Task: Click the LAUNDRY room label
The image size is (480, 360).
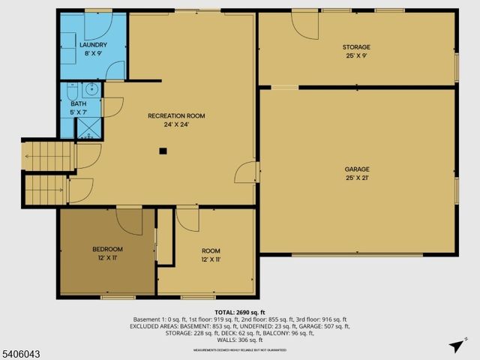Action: pyautogui.click(x=94, y=45)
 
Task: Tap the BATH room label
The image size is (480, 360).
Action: pyautogui.click(x=79, y=103)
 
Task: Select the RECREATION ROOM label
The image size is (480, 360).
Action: pyautogui.click(x=176, y=115)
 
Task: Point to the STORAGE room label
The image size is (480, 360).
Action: pyautogui.click(x=357, y=47)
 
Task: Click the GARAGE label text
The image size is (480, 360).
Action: pyautogui.click(x=357, y=169)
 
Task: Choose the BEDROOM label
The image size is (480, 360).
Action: pyautogui.click(x=107, y=249)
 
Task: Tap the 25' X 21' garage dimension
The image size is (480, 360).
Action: pyautogui.click(x=357, y=178)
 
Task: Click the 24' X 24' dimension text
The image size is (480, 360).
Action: pyautogui.click(x=176, y=124)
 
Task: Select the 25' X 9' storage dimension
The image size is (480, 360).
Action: pyautogui.click(x=357, y=56)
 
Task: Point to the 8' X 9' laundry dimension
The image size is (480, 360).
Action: pyautogui.click(x=94, y=54)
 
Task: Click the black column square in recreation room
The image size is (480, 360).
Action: pyautogui.click(x=162, y=150)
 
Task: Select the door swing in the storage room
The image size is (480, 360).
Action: pyautogui.click(x=304, y=25)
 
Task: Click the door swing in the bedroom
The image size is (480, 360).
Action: pyautogui.click(x=129, y=222)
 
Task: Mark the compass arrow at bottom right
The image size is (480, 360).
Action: pyautogui.click(x=456, y=346)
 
